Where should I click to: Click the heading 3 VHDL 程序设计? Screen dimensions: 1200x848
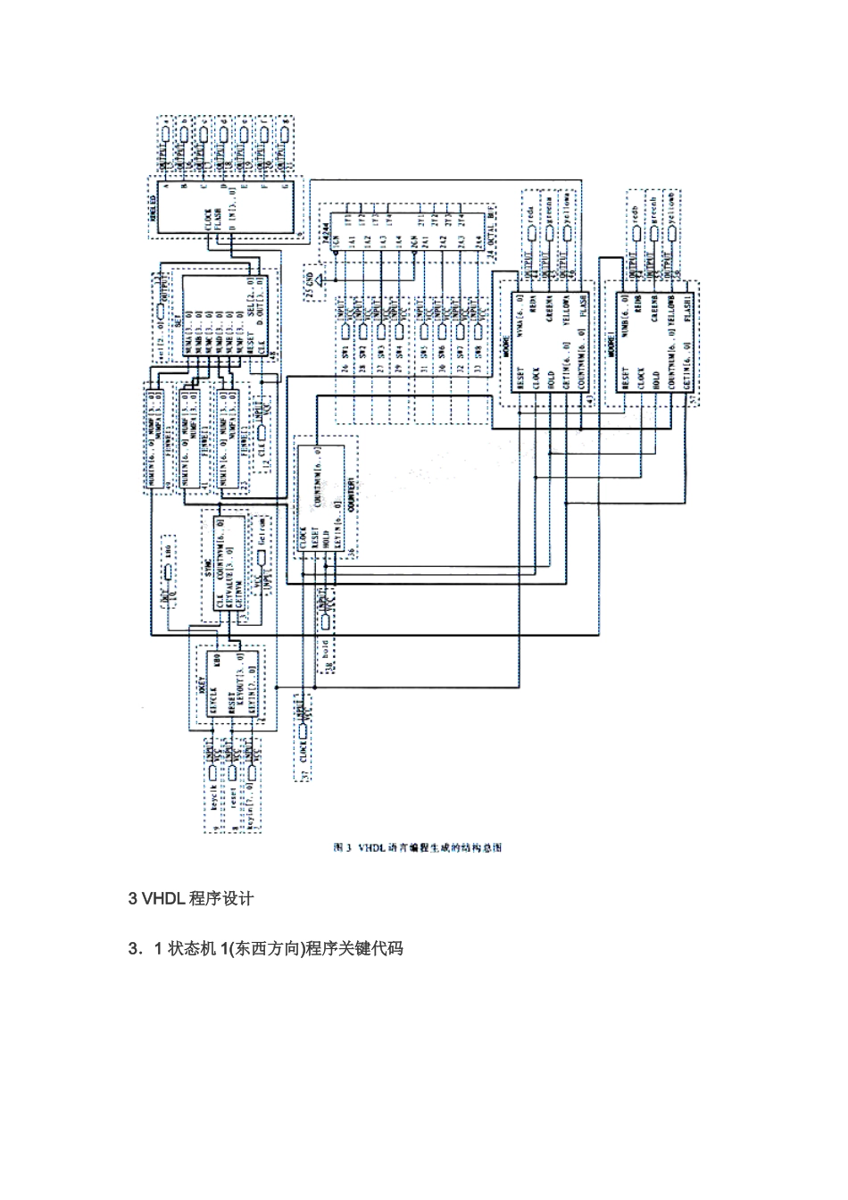(x=192, y=899)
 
